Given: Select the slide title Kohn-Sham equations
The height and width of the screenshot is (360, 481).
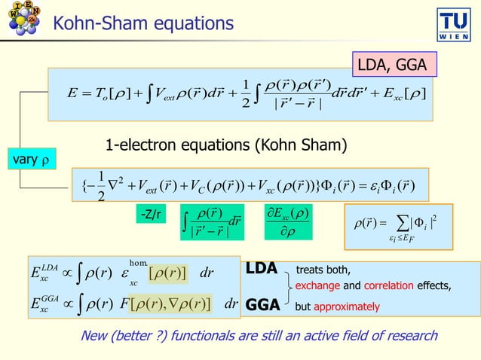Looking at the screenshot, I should pos(143,25).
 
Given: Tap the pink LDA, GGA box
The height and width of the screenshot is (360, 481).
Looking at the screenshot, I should pos(392,66).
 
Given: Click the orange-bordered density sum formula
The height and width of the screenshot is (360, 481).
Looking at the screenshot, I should pos(397,226).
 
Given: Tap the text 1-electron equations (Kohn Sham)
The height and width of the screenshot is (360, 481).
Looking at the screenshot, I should pos(226,145).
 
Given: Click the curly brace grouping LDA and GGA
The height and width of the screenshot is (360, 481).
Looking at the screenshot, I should pos(288,287).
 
